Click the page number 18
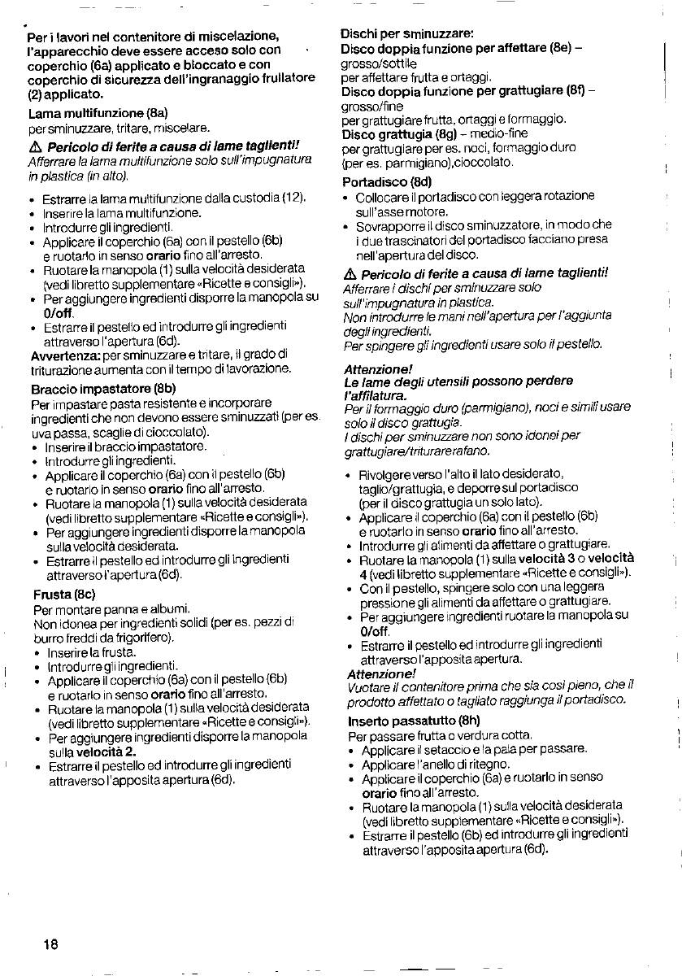(x=50, y=944)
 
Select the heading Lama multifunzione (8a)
(x=98, y=112)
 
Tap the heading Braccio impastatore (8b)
(x=103, y=388)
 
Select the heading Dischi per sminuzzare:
(x=406, y=34)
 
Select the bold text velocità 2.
(x=107, y=751)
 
